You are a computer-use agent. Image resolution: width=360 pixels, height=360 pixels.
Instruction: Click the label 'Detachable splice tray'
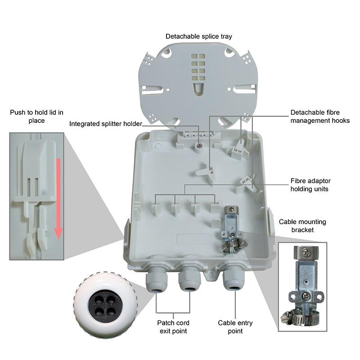tap(199, 36)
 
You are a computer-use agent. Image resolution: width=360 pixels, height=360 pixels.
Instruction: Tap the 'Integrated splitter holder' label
tap(105, 124)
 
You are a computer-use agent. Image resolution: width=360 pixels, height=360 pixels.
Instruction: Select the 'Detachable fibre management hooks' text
tap(320, 117)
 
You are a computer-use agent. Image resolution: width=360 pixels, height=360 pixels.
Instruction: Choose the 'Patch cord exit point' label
tap(173, 327)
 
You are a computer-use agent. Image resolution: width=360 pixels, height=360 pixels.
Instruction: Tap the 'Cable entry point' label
tap(235, 327)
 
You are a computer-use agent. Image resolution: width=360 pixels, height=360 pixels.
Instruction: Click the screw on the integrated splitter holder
tap(198, 146)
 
